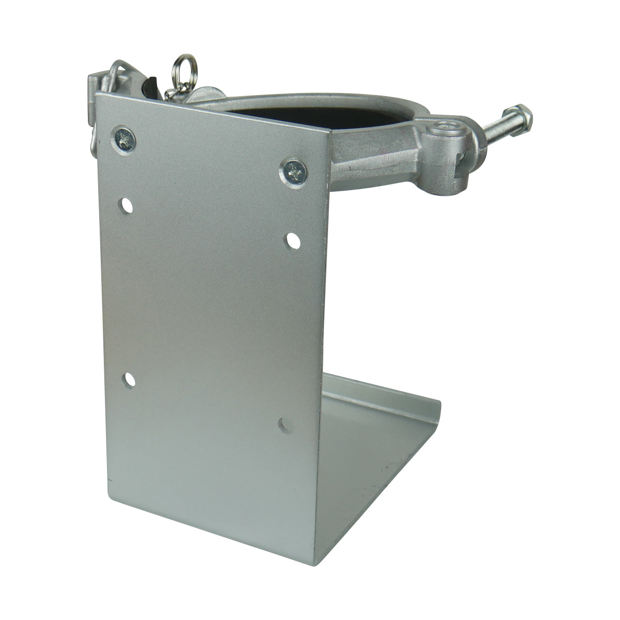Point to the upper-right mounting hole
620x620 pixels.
[293, 240]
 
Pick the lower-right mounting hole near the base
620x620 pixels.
[284, 424]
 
